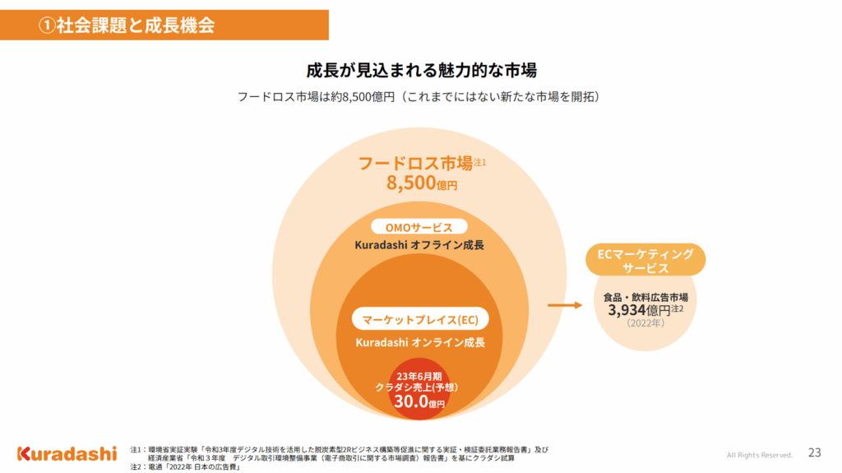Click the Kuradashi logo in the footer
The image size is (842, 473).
pos(67,453)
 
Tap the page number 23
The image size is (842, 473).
pos(815,452)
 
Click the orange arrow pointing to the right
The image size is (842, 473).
pos(564,306)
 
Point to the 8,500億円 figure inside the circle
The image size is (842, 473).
pos(421,183)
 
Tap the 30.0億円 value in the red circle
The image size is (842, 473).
pos(419,401)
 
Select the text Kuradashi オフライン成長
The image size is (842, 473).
pos(419,245)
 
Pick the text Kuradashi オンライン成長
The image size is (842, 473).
pos(420,341)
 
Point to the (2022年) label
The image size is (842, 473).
pos(645,323)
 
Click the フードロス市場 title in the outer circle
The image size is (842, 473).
pos(415,162)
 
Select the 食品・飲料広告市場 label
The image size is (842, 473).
pos(645,297)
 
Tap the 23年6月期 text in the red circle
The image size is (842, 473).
pos(420,376)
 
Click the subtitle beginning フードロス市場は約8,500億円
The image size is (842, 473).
pos(420,96)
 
